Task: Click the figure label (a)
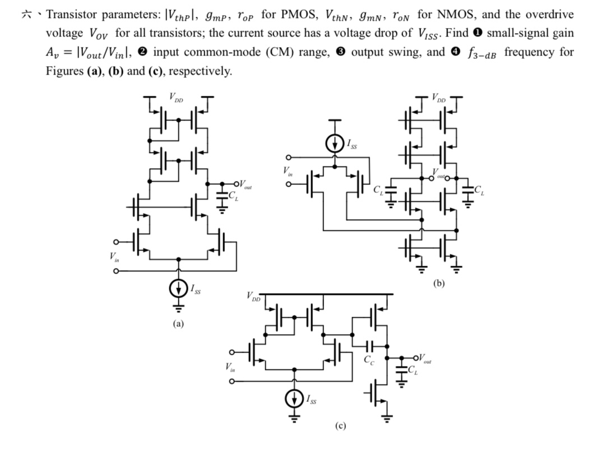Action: point(178,323)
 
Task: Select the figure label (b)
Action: point(439,284)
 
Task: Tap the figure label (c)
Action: point(340,426)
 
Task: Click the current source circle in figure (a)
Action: point(178,289)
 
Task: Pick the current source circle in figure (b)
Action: point(335,144)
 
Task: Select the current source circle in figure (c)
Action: point(293,399)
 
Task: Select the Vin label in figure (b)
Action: point(288,172)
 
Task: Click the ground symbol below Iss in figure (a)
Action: point(178,307)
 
